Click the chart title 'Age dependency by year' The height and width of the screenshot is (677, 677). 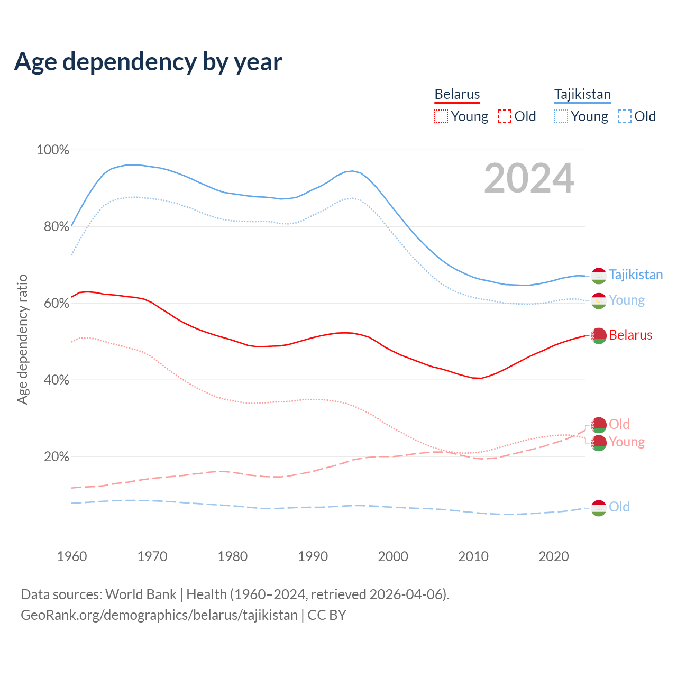[x=148, y=62]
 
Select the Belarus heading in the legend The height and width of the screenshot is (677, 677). [x=457, y=94]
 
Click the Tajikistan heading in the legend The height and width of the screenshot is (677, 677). [x=582, y=94]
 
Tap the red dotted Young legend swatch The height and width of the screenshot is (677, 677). [x=441, y=116]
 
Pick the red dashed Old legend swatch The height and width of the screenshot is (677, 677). [x=505, y=116]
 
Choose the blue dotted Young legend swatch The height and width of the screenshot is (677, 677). [x=561, y=116]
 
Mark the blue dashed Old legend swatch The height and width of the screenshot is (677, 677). [x=625, y=116]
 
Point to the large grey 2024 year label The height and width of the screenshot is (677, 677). [x=529, y=179]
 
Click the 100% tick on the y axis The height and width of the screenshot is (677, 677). [x=53, y=150]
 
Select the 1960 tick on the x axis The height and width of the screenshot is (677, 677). [x=72, y=556]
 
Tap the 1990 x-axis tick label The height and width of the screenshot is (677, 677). [x=313, y=556]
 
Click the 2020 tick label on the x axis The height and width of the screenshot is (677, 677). [x=553, y=556]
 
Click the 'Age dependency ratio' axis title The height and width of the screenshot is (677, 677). [x=22, y=339]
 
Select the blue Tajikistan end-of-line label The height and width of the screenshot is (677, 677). [x=636, y=275]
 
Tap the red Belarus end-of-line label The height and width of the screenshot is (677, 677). [x=630, y=335]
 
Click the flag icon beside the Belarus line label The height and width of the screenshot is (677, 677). [x=599, y=335]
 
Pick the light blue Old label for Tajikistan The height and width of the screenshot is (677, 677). [x=619, y=507]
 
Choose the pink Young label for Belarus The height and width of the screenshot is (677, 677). [x=627, y=442]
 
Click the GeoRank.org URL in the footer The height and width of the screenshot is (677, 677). [x=159, y=615]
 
